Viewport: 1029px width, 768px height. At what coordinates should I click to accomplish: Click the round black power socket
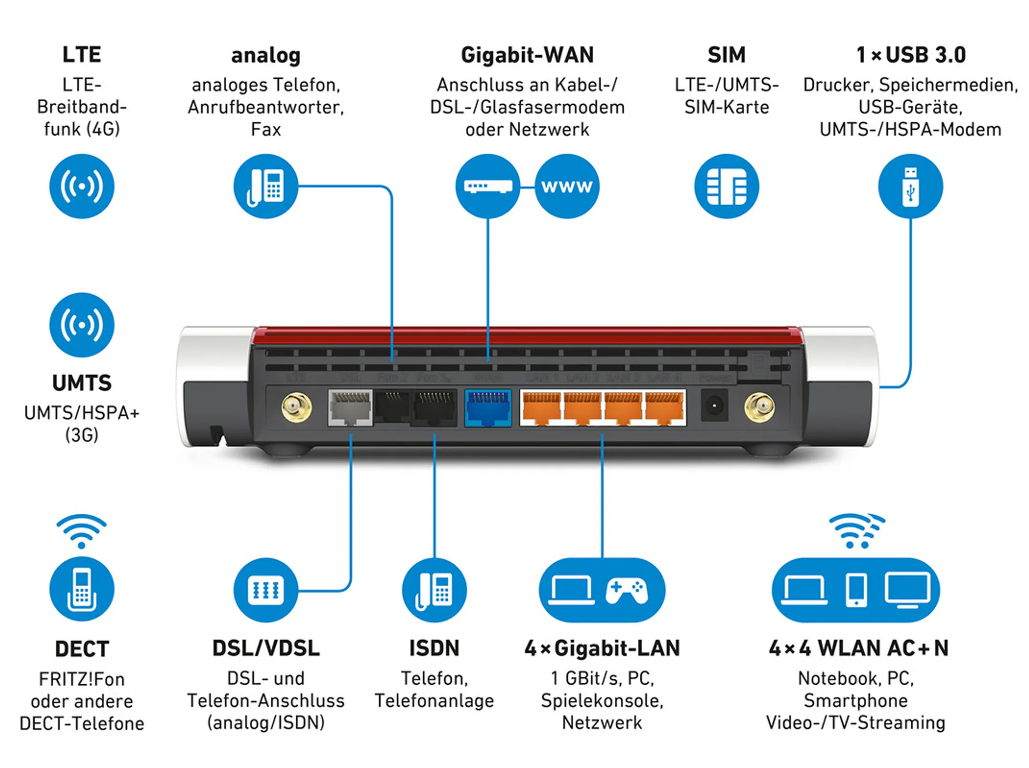point(714,405)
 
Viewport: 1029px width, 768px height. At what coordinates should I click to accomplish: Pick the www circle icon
point(566,186)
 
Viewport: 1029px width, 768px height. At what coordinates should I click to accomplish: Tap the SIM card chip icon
point(726,186)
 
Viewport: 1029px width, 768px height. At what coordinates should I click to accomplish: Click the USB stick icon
point(910,186)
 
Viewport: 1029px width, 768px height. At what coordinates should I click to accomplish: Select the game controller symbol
point(626,590)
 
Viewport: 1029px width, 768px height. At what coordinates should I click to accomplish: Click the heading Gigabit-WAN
point(527,55)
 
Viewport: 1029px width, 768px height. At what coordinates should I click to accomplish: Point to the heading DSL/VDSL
point(266,648)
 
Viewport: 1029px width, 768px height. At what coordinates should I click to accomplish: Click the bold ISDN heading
point(434,648)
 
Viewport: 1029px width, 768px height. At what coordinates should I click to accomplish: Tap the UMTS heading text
point(81,383)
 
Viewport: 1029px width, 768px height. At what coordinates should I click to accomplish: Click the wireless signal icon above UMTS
point(81,325)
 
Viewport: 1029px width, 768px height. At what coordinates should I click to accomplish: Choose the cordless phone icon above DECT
point(81,589)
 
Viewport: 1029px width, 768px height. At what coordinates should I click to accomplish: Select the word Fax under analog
point(266,130)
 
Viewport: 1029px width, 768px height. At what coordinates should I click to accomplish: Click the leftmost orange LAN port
point(542,408)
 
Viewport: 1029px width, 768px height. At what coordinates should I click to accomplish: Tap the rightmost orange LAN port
point(664,408)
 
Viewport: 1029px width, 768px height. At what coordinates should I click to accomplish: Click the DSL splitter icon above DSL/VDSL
point(265,590)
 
